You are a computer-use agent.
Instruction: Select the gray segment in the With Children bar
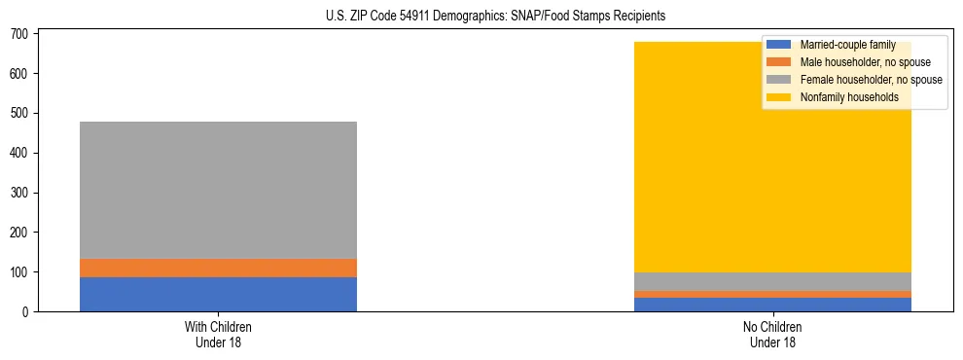(218, 190)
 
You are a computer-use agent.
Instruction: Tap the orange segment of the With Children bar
(218, 269)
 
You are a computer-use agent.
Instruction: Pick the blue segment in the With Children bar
(218, 295)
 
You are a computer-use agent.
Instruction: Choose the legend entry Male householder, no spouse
(858, 62)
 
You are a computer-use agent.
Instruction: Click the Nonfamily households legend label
(849, 97)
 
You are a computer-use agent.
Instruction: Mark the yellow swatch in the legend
(779, 97)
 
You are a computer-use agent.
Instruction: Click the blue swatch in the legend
(779, 45)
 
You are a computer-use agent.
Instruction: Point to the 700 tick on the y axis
(22, 34)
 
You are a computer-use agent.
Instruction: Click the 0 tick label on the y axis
(28, 312)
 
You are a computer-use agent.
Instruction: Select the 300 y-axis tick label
(22, 193)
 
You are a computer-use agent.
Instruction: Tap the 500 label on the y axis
(22, 114)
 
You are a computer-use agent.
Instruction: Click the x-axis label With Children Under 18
(218, 335)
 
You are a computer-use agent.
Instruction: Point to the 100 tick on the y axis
(22, 272)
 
